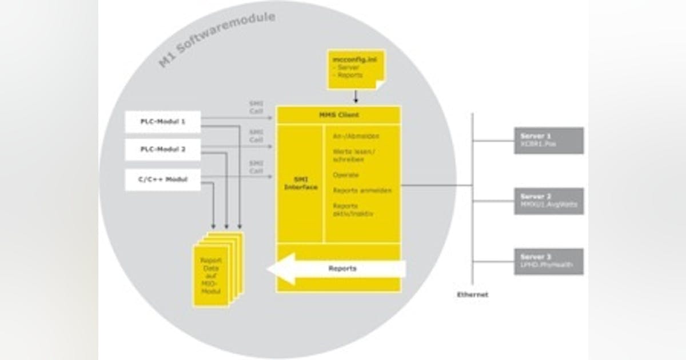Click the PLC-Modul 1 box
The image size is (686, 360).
(x=163, y=122)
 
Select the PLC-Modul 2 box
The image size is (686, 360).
(x=163, y=150)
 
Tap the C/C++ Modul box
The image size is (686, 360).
(x=163, y=179)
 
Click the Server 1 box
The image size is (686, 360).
(x=549, y=141)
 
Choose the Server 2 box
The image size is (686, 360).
(x=549, y=201)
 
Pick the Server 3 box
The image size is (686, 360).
(x=549, y=261)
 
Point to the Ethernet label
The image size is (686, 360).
(x=472, y=295)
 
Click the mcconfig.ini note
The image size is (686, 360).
(x=354, y=69)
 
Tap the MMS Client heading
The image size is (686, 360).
(x=339, y=115)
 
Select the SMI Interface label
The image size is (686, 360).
(x=301, y=183)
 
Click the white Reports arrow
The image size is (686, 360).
(x=337, y=269)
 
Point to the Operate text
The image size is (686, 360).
(x=346, y=175)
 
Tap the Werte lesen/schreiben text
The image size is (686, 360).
(x=354, y=155)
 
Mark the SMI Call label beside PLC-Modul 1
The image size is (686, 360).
(x=256, y=107)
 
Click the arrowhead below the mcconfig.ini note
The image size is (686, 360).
(x=356, y=100)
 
